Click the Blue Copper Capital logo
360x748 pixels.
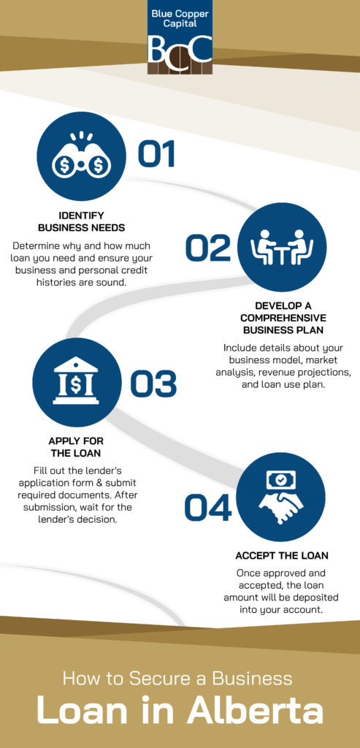[x=180, y=37]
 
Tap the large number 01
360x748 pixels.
[x=156, y=153]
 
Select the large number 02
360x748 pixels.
[x=208, y=248]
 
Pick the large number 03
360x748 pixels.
[x=153, y=384]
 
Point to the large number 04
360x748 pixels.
[x=208, y=508]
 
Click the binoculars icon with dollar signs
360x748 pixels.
[x=81, y=157]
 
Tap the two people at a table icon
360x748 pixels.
[x=282, y=247]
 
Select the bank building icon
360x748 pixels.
[x=76, y=381]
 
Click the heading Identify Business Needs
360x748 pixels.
[x=82, y=221]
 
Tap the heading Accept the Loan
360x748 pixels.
[x=282, y=556]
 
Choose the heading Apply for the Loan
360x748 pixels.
[x=76, y=446]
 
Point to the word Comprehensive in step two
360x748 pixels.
[x=283, y=318]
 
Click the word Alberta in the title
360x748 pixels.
[x=255, y=711]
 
